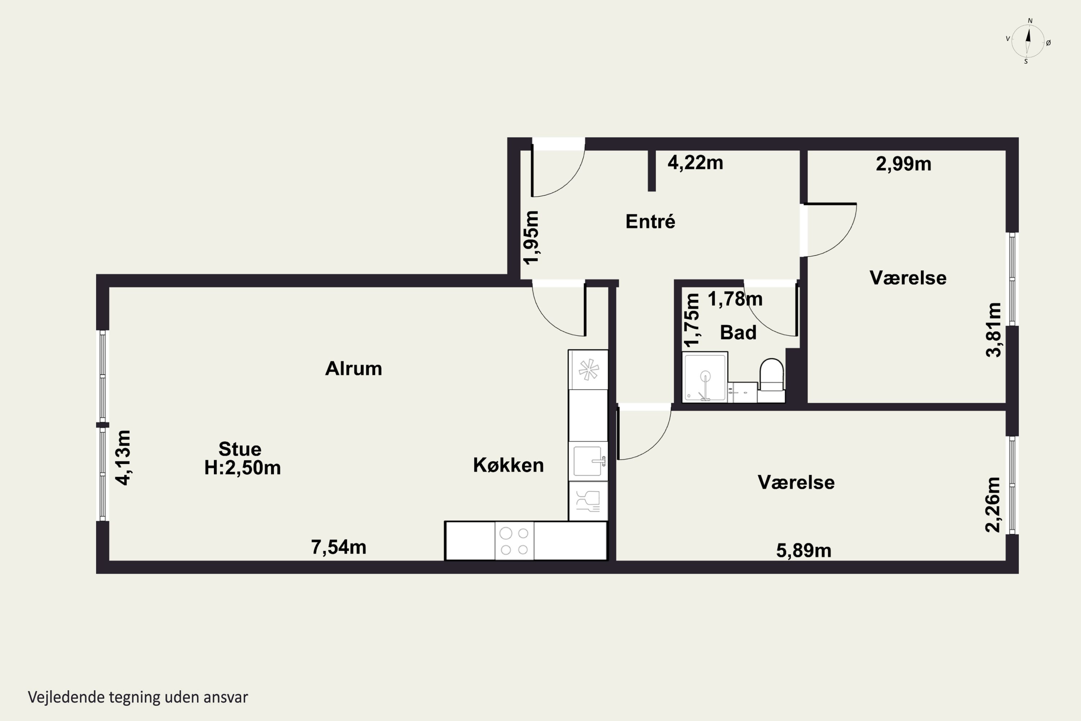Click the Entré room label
tap(650, 222)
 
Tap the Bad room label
tap(738, 332)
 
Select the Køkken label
tap(508, 465)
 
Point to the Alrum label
tap(353, 369)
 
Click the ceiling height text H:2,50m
tap(242, 468)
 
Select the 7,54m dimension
tap(339, 547)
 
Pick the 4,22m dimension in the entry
tap(695, 163)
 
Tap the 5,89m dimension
tap(804, 550)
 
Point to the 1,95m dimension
tap(531, 238)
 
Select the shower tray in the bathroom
tap(704, 377)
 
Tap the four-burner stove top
tap(514, 541)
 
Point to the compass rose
tap(1028, 41)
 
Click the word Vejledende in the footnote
tap(66, 697)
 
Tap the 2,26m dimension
tap(993, 505)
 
